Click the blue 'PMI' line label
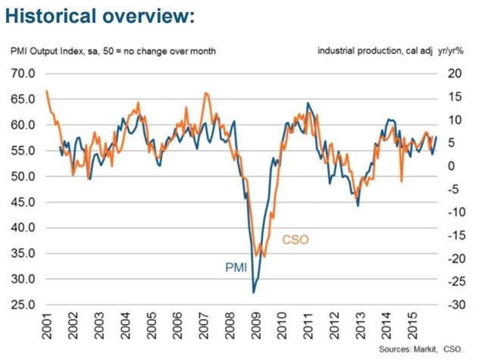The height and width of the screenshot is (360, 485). click(x=235, y=267)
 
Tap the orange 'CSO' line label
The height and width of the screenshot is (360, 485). click(x=296, y=239)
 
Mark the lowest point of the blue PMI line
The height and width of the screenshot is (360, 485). click(x=253, y=292)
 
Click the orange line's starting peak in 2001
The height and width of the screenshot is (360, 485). click(x=47, y=91)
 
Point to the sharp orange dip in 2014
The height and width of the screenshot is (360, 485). click(x=401, y=180)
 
